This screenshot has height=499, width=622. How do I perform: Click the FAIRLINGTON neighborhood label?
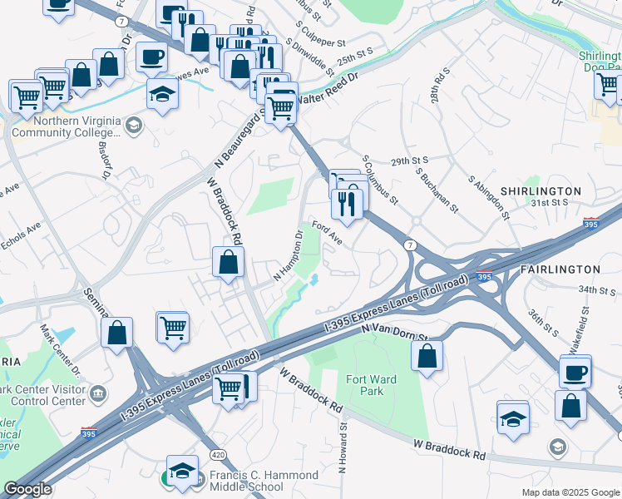(560, 269)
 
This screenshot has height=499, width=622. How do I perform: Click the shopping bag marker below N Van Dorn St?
(427, 355)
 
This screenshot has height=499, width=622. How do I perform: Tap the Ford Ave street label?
(327, 232)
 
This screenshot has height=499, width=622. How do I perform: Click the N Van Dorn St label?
(393, 332)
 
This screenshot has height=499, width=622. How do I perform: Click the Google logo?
(27, 489)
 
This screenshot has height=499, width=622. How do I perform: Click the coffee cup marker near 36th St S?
(575, 371)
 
